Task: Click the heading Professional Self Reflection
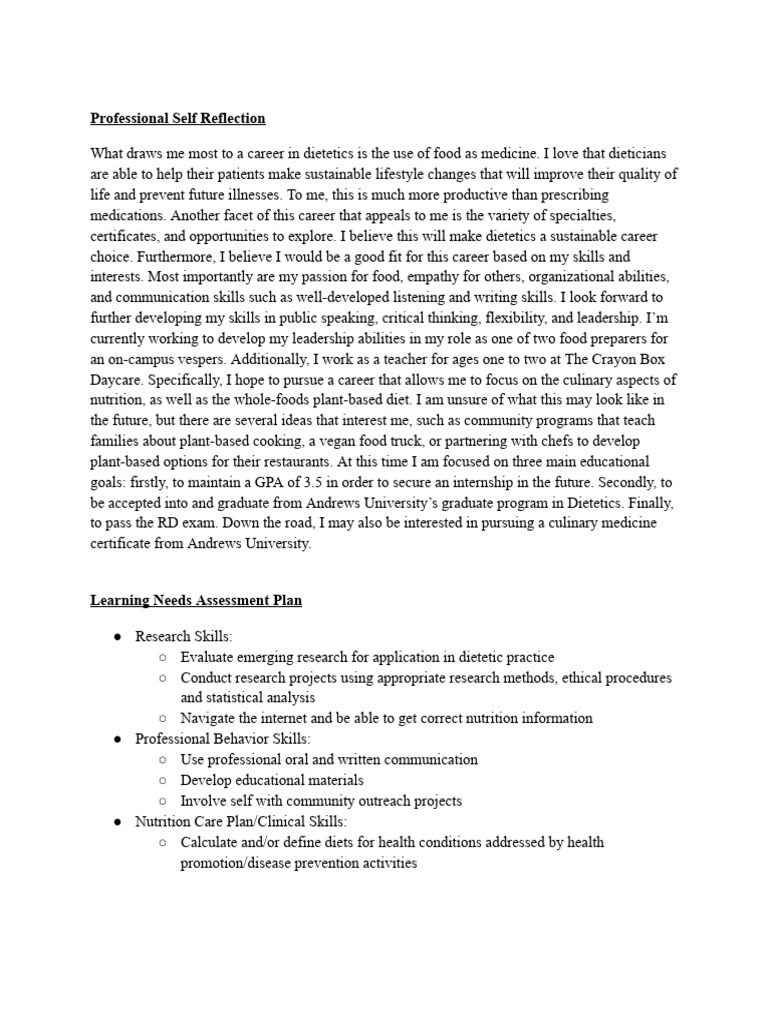[178, 118]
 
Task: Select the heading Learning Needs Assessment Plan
[196, 601]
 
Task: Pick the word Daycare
[120, 380]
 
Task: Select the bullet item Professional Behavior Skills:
[222, 739]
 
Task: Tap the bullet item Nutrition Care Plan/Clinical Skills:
[241, 821]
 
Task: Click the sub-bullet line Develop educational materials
[271, 780]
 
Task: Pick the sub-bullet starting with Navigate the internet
[386, 718]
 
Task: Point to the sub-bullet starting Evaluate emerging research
[367, 657]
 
